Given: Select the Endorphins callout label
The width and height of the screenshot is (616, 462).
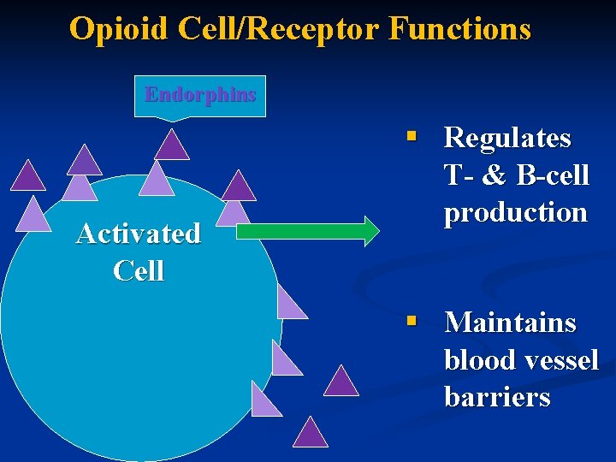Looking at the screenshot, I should (200, 94).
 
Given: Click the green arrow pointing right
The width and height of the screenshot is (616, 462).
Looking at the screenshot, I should (307, 231).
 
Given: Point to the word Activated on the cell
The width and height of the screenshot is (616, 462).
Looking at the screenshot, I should (139, 234).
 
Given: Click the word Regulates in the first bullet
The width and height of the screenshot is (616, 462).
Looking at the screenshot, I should (507, 138).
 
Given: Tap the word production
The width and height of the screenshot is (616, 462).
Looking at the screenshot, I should (515, 212).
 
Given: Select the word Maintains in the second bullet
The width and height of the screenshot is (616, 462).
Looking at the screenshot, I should (510, 323).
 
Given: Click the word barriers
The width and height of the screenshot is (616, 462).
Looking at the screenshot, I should (497, 398).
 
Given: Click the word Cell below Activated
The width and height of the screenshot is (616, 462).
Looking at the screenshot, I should (139, 271).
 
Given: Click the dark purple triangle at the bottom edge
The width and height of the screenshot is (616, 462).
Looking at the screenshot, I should (311, 435).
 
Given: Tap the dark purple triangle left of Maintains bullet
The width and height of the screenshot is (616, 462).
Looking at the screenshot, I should (341, 382).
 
